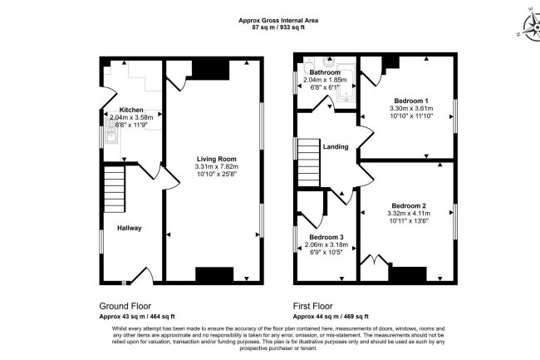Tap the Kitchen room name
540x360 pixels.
pyautogui.click(x=131, y=110)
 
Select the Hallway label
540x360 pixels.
pyautogui.click(x=129, y=228)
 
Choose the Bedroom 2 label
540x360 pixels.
pyautogui.click(x=409, y=205)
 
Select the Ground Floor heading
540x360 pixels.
pyautogui.click(x=125, y=305)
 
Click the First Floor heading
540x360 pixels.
pyautogui.click(x=317, y=305)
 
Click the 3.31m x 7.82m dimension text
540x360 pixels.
pyautogui.click(x=217, y=166)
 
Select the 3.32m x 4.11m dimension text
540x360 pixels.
pyautogui.click(x=409, y=214)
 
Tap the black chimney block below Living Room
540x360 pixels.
pyautogui.click(x=214, y=275)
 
